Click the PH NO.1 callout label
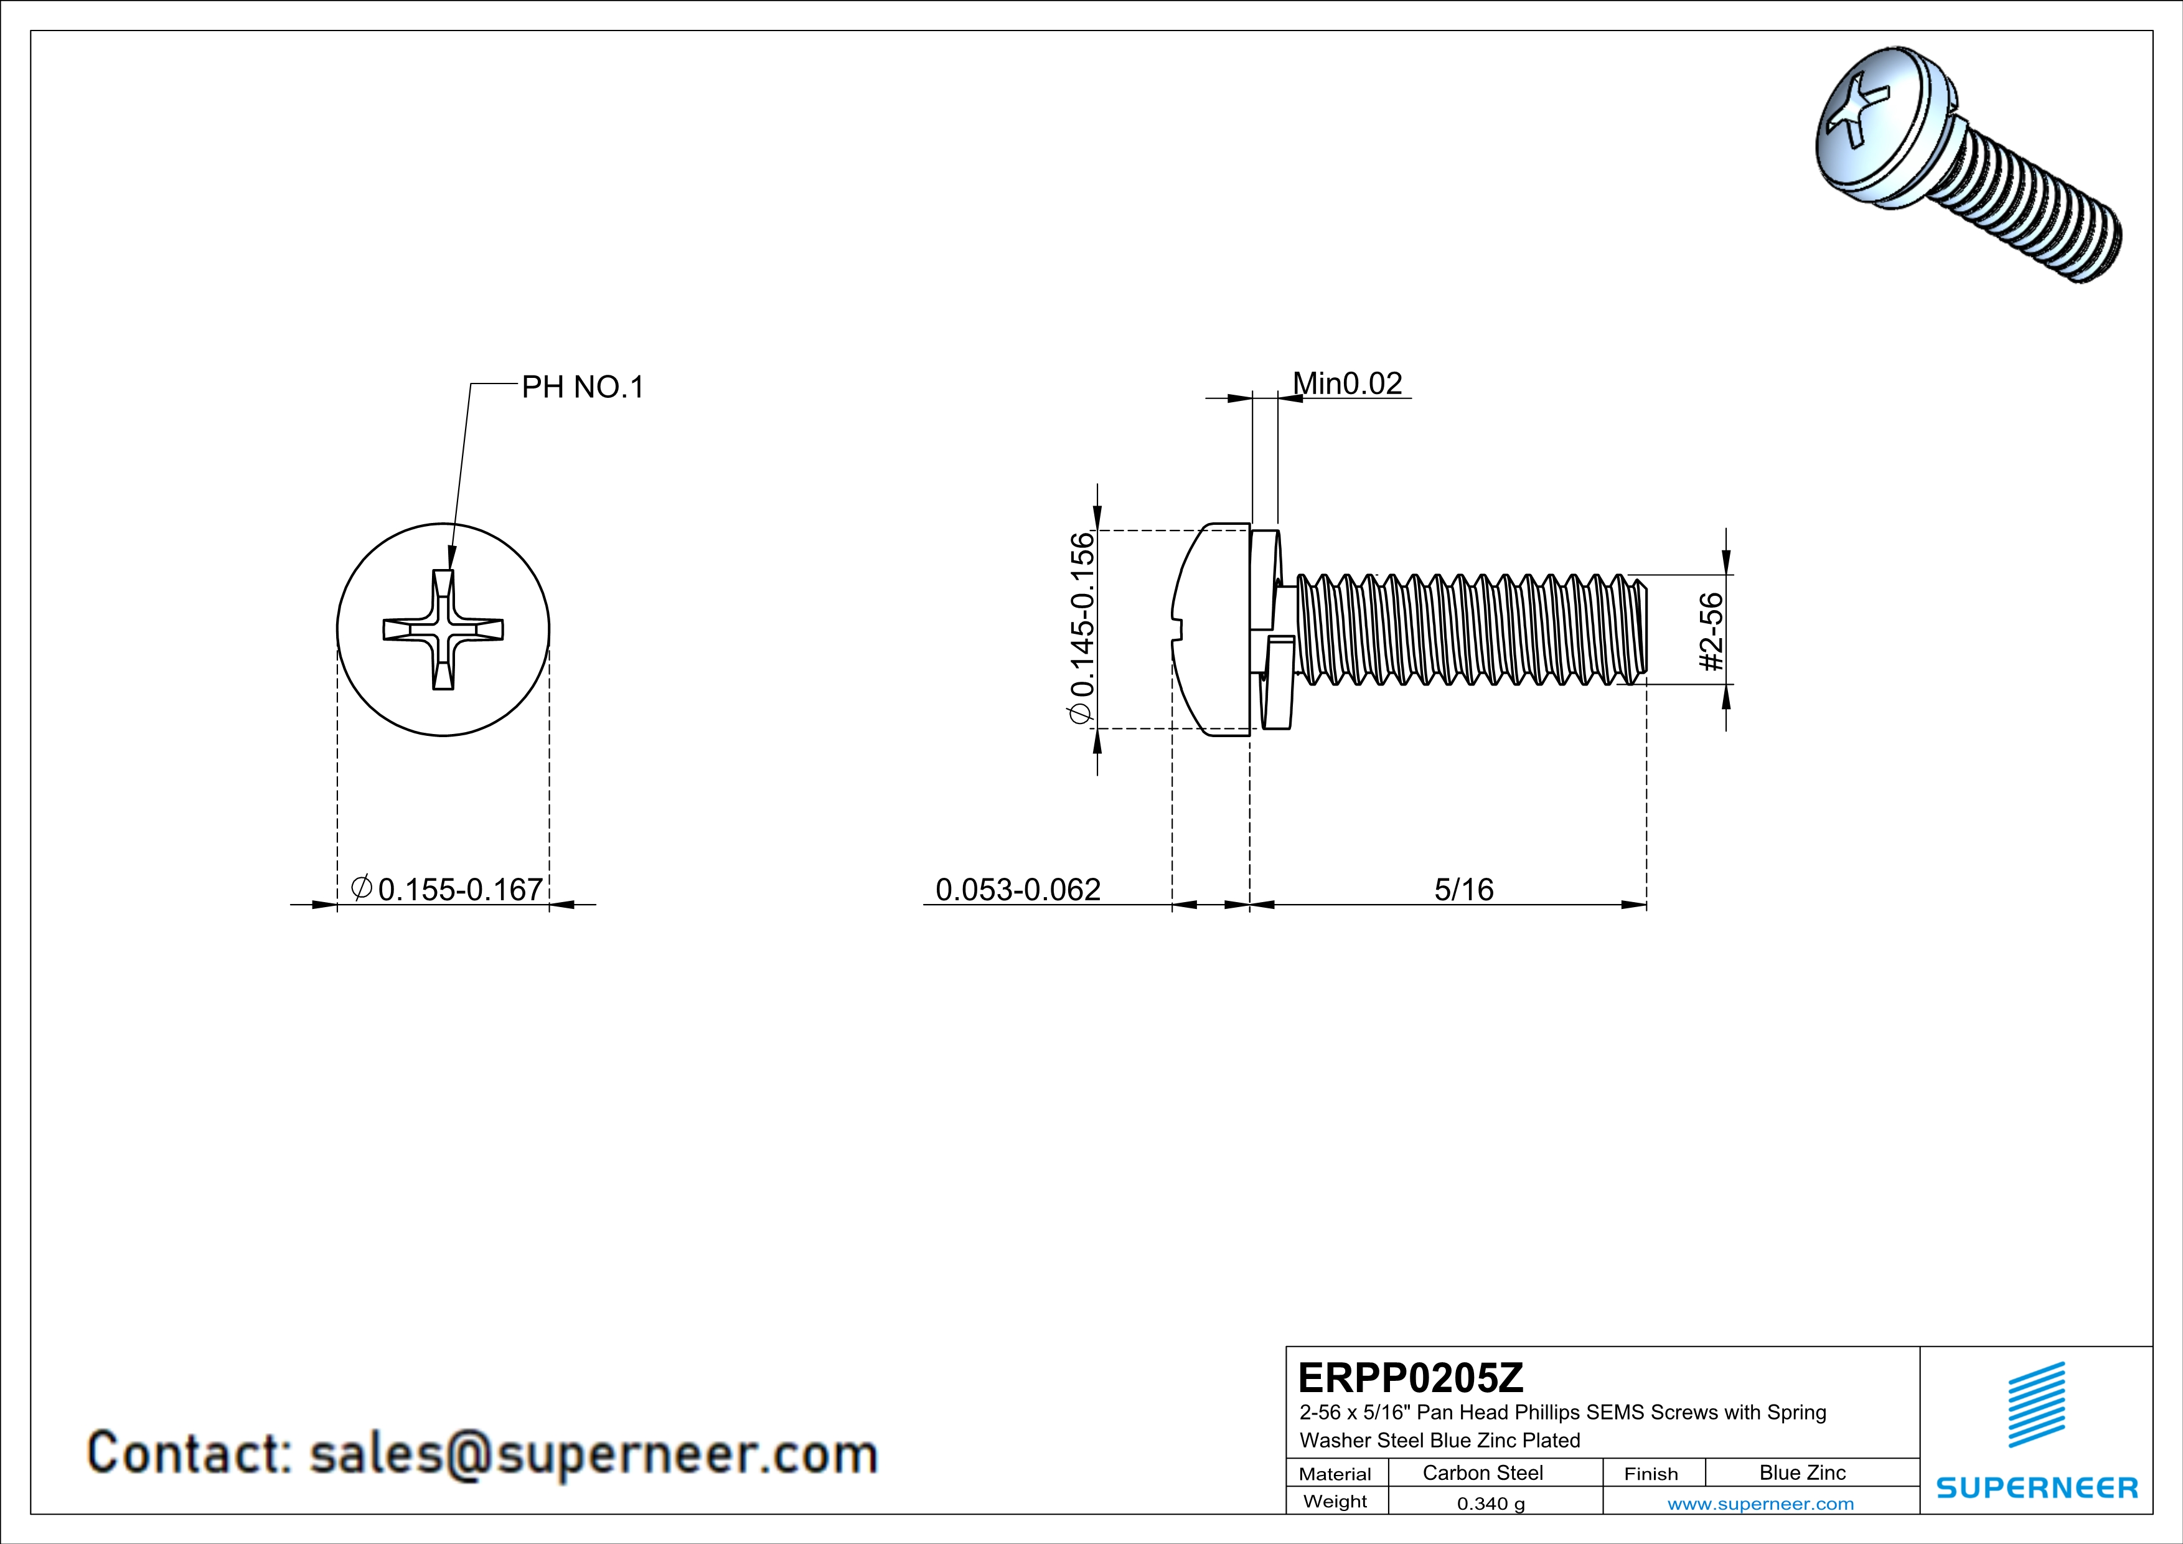[x=583, y=387]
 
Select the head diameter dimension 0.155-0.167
[x=460, y=889]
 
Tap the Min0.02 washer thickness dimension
[x=1347, y=383]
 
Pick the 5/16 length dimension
[x=1464, y=889]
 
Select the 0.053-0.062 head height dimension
[x=1018, y=889]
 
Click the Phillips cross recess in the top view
[x=443, y=629]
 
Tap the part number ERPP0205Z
[x=1411, y=1377]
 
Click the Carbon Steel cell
[x=1483, y=1472]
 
